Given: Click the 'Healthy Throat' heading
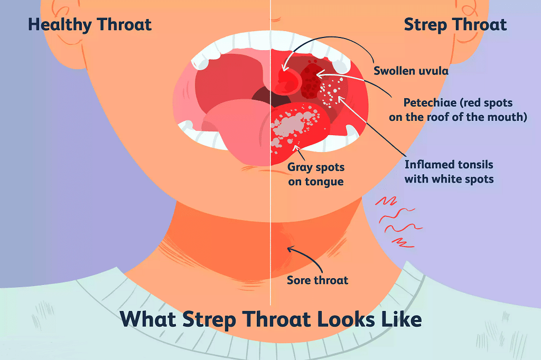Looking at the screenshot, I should [90, 25].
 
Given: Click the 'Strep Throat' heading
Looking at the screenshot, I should [455, 25].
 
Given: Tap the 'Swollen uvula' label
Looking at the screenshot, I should [411, 70].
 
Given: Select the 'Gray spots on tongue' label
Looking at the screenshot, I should [315, 174].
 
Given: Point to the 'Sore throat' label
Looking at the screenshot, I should [317, 280].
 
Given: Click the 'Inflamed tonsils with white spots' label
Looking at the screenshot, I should [449, 172].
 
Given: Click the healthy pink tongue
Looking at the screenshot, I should [232, 132].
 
